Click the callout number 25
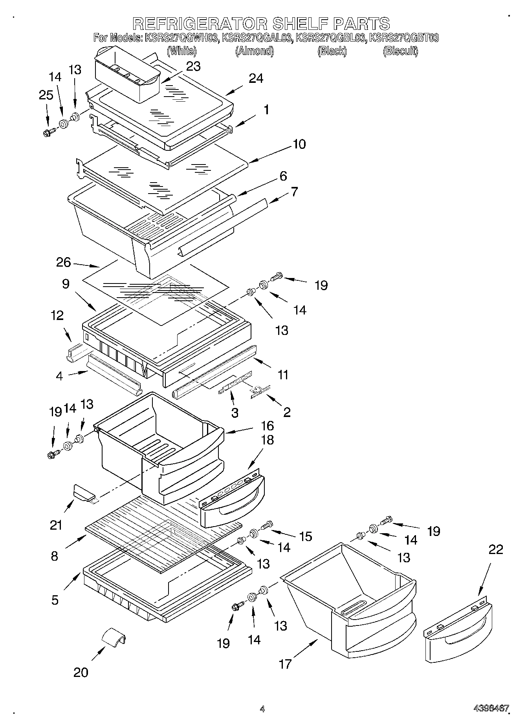pos(46,95)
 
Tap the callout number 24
pos(256,79)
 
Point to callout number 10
pos(299,144)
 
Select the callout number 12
pos(57,315)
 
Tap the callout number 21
pos(56,525)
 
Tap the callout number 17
pos(285,664)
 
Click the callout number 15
pos(305,536)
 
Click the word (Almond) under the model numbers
pos(254,51)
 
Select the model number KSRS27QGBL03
pos(331,38)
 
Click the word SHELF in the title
pos(301,24)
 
